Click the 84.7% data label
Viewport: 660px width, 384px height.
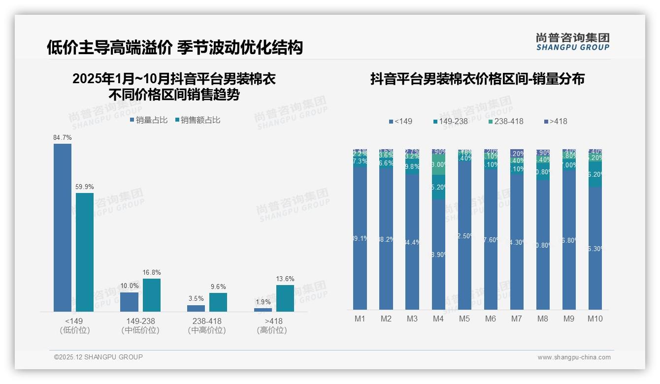click(x=63, y=137)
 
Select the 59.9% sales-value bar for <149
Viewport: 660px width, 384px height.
click(x=85, y=252)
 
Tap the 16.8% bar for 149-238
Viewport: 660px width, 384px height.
click(x=152, y=295)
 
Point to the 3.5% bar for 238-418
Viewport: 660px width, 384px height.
click(x=196, y=308)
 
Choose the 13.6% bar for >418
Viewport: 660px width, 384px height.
click(x=285, y=298)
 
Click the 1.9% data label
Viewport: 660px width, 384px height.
click(x=263, y=302)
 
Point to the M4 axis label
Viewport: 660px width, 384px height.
click(x=438, y=319)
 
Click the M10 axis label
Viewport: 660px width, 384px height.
click(x=595, y=319)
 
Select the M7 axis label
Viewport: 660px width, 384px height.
click(x=516, y=319)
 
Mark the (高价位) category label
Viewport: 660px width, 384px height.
click(x=272, y=330)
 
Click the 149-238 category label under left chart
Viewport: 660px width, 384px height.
click(x=140, y=321)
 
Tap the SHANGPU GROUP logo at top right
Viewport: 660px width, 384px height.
click(x=573, y=42)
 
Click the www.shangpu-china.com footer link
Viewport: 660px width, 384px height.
click(x=574, y=357)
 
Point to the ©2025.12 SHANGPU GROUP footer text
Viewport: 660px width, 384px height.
click(x=99, y=357)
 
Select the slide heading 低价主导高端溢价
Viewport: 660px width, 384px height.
click(x=109, y=47)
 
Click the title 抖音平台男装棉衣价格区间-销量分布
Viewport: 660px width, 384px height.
click(x=477, y=79)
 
